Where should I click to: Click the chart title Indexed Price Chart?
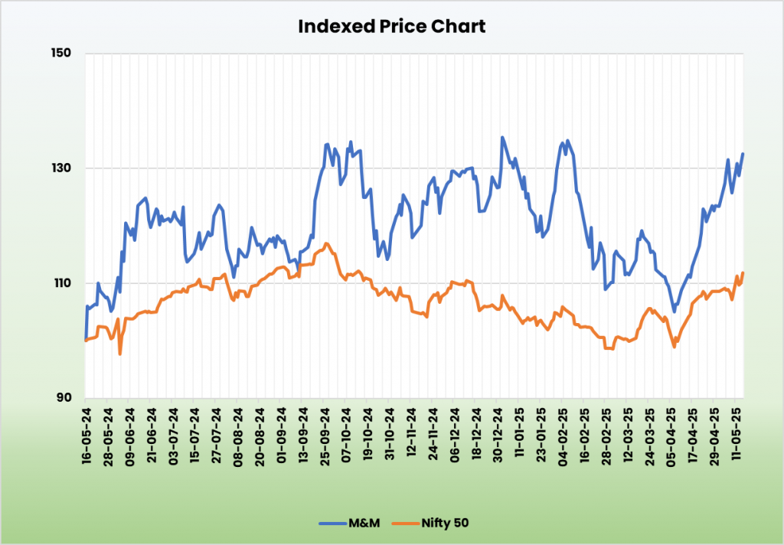pos(391,26)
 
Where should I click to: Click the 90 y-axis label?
pos(64,398)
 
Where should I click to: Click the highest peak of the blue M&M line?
pos(502,138)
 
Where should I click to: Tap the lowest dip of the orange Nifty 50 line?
pos(120,354)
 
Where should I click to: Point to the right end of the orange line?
pos(743,273)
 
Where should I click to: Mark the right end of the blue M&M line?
pos(743,155)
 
